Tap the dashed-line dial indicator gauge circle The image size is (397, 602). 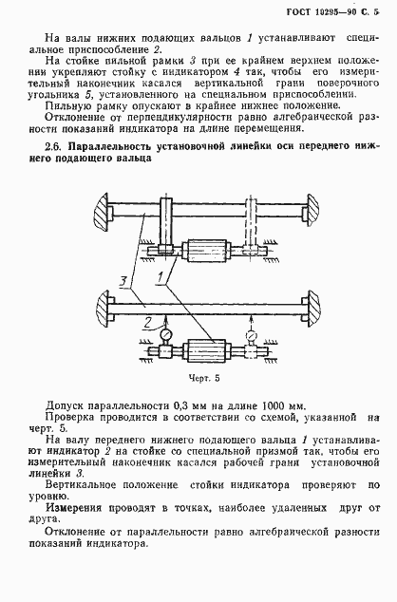pyautogui.click(x=251, y=334)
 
